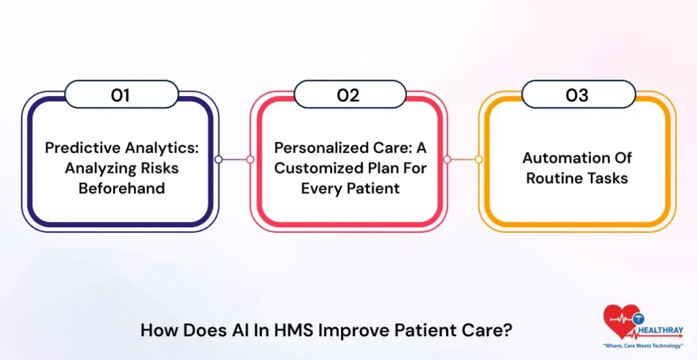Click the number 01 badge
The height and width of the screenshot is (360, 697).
pyautogui.click(x=120, y=95)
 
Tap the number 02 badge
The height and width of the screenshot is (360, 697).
pyautogui.click(x=348, y=95)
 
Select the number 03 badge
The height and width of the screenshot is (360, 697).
pyautogui.click(x=577, y=95)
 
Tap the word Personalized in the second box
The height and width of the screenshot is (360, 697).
pyautogui.click(x=318, y=148)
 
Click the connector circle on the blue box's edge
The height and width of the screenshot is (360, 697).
pyautogui.click(x=218, y=159)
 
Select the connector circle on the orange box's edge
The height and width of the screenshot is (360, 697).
pyautogui.click(x=479, y=159)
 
